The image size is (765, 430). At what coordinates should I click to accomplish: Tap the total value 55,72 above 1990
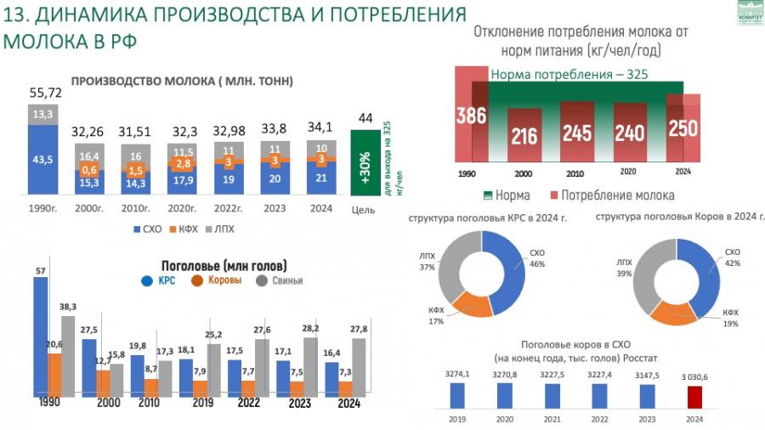point(45,93)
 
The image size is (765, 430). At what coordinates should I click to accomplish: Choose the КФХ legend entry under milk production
point(186,229)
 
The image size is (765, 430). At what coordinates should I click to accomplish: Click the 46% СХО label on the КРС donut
point(537,258)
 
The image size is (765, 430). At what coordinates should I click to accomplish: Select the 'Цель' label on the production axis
point(363,209)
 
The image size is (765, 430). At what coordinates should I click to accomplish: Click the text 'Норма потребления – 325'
point(569,75)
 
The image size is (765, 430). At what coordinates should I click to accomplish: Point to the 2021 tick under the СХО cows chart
point(552,419)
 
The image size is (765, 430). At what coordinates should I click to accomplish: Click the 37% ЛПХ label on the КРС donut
point(427,261)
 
